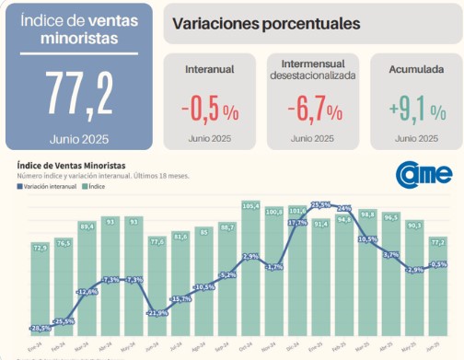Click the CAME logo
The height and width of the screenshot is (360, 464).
point(424,174)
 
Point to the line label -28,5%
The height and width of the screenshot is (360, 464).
point(41,328)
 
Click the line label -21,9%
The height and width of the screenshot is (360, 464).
point(157,313)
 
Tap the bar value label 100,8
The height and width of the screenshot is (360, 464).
point(274,212)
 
